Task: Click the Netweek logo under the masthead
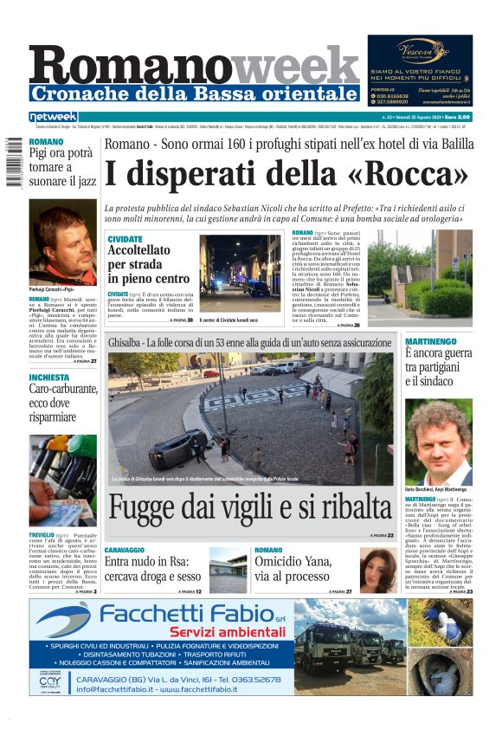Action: [53, 117]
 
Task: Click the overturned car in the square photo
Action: [173, 449]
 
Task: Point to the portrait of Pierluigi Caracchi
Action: [63, 245]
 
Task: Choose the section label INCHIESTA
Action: [49, 377]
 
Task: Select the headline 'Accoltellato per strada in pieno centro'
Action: [148, 262]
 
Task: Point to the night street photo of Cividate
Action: [240, 273]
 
